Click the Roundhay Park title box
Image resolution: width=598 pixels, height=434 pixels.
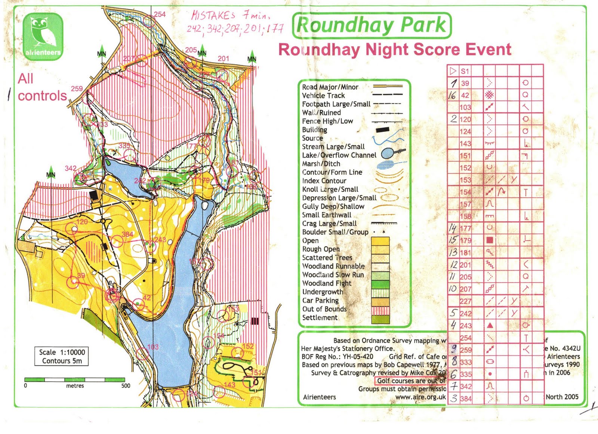[372, 25]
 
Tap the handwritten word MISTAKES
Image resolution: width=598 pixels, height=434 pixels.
[213, 15]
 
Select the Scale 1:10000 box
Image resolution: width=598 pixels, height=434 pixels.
[62, 356]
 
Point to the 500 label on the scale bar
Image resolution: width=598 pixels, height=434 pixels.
[126, 386]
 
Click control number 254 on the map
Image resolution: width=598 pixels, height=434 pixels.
[160, 14]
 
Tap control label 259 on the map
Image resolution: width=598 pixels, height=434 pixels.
[77, 89]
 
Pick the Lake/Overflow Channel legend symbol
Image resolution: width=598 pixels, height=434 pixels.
[392, 153]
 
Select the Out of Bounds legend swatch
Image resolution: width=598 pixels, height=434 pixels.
[380, 310]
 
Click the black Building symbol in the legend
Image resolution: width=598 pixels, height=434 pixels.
[382, 130]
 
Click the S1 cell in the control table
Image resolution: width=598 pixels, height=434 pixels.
[465, 71]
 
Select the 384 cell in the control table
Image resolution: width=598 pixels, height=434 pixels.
[466, 399]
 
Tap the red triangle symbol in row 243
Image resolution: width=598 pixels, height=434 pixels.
[490, 326]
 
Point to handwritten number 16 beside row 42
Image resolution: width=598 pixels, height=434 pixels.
[452, 95]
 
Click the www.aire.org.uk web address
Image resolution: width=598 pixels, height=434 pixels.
[420, 397]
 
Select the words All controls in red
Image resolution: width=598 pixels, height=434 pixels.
[42, 87]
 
